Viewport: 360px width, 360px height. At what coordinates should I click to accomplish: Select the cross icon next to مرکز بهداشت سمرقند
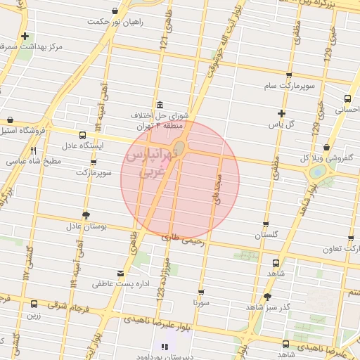(x=25, y=36)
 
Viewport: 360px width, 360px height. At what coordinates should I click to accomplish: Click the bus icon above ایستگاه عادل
(x=83, y=135)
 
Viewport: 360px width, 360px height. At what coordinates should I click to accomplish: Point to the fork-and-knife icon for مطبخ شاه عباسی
(x=33, y=150)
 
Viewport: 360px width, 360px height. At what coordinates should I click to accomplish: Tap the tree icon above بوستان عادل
(x=86, y=215)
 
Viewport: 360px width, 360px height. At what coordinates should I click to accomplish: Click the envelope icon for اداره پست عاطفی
(x=120, y=273)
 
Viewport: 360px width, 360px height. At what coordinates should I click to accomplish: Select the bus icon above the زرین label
(x=33, y=304)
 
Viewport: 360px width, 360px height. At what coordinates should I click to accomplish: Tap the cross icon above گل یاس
(x=281, y=113)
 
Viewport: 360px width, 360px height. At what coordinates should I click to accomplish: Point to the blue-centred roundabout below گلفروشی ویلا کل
(x=317, y=170)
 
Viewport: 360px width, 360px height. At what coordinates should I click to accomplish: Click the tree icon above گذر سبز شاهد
(x=267, y=297)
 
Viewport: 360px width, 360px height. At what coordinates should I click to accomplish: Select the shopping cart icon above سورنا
(x=202, y=292)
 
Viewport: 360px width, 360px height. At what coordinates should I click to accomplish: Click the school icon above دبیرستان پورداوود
(x=165, y=346)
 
